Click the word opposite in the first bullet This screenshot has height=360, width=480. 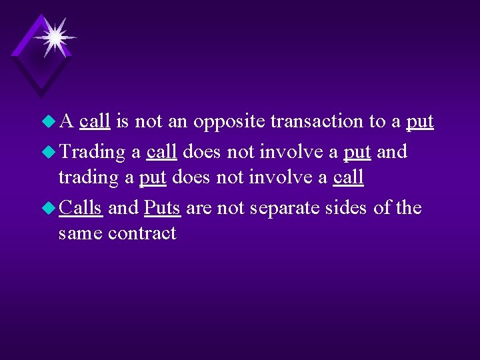(229, 122)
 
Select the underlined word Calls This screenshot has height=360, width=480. (81, 208)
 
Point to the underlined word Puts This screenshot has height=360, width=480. (162, 209)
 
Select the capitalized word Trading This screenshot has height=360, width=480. (92, 153)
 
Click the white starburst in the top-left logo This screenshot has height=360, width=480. (53, 36)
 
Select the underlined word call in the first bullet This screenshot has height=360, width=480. (95, 121)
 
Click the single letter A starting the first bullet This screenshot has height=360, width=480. (66, 122)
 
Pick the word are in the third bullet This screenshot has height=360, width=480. (197, 209)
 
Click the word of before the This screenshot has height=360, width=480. (382, 208)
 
